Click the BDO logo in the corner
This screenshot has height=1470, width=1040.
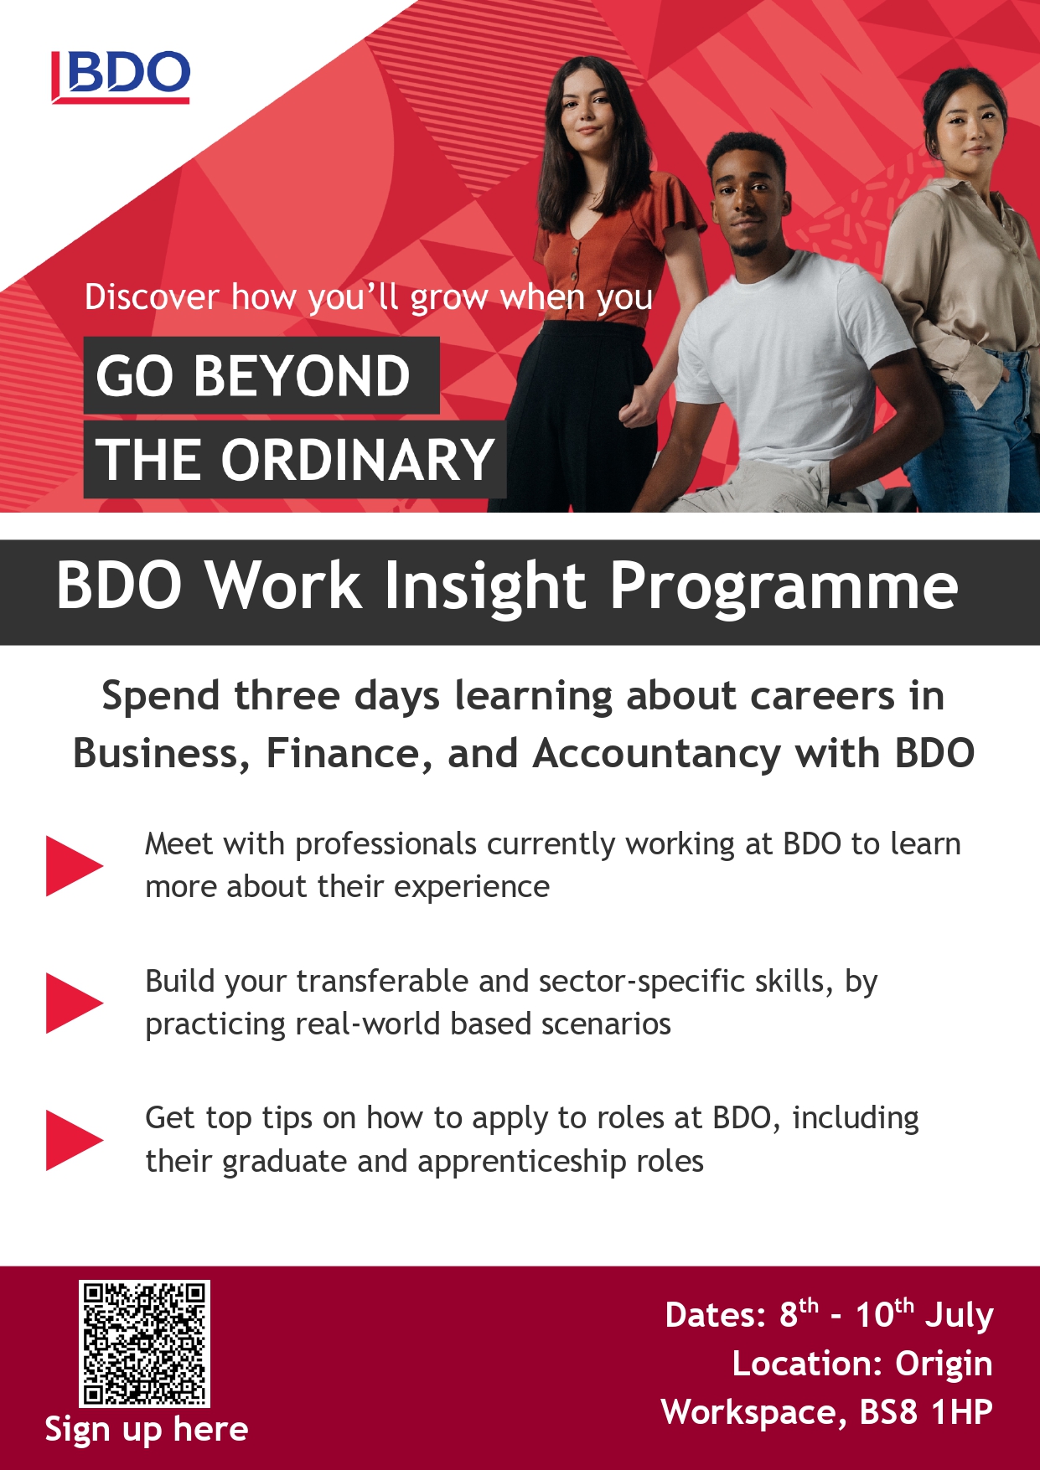tap(121, 76)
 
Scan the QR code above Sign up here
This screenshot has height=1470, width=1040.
tap(144, 1344)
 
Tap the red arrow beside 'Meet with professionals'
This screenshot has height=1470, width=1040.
tap(74, 865)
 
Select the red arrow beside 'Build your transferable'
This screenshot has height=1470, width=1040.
tap(74, 1003)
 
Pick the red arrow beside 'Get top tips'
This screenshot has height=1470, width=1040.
tap(74, 1140)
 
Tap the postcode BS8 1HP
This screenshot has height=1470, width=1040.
tap(926, 1412)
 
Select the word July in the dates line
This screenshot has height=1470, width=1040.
tap(960, 1315)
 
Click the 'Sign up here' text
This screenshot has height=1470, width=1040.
tap(147, 1430)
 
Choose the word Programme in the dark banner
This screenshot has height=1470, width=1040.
tap(784, 587)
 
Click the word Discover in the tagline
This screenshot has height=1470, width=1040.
tap(152, 297)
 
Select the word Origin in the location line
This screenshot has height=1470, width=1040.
tap(944, 1364)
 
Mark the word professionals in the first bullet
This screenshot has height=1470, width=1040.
tap(386, 845)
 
